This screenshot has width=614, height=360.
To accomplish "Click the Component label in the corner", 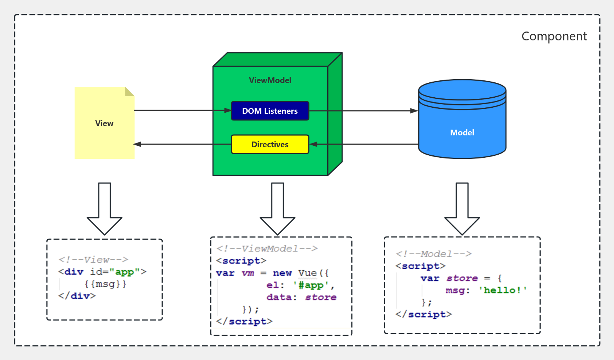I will pos(554,36).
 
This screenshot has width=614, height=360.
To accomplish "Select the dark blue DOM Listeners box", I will pos(270,111).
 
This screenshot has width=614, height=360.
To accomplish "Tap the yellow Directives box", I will pos(270,144).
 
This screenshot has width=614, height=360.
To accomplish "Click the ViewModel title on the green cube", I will pos(270,80).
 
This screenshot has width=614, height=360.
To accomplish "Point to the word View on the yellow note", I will pos(104,123).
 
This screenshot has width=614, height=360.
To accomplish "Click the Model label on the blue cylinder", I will pos(462,133).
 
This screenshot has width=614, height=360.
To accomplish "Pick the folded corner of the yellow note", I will pos(129,92).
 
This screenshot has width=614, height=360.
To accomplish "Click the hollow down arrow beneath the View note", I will pos(105,210).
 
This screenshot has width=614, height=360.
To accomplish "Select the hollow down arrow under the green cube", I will pos(278,210).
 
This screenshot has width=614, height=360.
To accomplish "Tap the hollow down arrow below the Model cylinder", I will pos(462,210).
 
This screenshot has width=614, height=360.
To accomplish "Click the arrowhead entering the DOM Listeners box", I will pos(228,110).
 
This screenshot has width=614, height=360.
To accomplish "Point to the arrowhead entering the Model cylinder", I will pos(414,111).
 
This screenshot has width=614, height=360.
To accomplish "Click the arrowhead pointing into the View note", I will pos(137,144).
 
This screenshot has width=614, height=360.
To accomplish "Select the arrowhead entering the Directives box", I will pos(313,144).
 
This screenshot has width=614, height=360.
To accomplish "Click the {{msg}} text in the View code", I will pos(105,284).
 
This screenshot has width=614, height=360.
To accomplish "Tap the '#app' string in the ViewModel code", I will pos(311,285).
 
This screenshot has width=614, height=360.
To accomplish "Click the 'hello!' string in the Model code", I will pos(503,290).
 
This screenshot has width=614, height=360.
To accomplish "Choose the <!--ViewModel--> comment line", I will pos(267,248).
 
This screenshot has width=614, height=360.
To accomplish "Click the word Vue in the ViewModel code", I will pos(308,273).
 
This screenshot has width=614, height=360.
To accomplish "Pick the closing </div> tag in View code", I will pos(77,296).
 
